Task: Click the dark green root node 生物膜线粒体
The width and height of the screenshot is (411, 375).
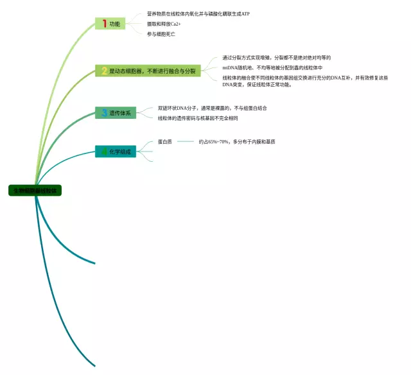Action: point(35,191)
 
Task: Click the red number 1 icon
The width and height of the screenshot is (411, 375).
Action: point(104,24)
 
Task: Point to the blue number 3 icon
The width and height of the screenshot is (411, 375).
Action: point(103,113)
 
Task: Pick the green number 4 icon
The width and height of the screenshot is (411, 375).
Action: point(103,152)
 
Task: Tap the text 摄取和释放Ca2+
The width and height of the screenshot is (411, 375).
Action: point(164,24)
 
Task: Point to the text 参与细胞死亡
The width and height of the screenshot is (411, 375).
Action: point(161,34)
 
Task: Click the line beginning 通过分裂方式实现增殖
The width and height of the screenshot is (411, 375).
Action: point(276,58)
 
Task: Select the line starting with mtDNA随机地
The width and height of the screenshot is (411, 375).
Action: point(272,67)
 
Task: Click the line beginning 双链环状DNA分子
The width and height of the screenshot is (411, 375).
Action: point(212,109)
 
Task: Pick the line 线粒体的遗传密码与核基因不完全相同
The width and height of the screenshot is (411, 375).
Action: point(198,118)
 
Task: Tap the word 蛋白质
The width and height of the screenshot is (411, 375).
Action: point(164,141)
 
